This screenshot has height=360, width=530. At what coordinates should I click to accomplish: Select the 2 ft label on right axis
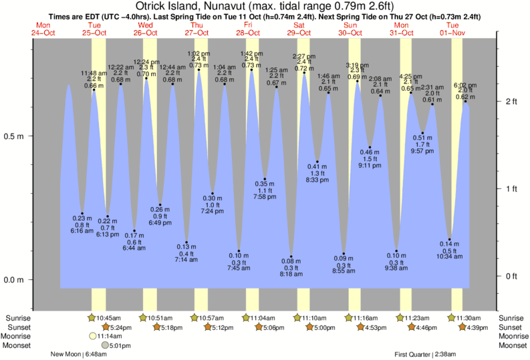tap(511, 102)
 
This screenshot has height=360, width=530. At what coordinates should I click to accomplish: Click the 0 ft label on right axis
tap(511, 276)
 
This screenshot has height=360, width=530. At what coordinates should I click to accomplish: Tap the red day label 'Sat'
tap(299, 25)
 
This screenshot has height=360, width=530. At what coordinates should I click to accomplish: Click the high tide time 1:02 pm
tap(198, 53)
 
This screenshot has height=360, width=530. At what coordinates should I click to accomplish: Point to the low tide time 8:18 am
tap(291, 274)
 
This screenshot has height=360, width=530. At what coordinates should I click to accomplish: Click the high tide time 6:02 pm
tap(465, 85)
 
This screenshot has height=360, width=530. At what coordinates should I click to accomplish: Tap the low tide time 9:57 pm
tap(422, 151)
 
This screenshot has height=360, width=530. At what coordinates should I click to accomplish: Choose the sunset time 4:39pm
tap(477, 327)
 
